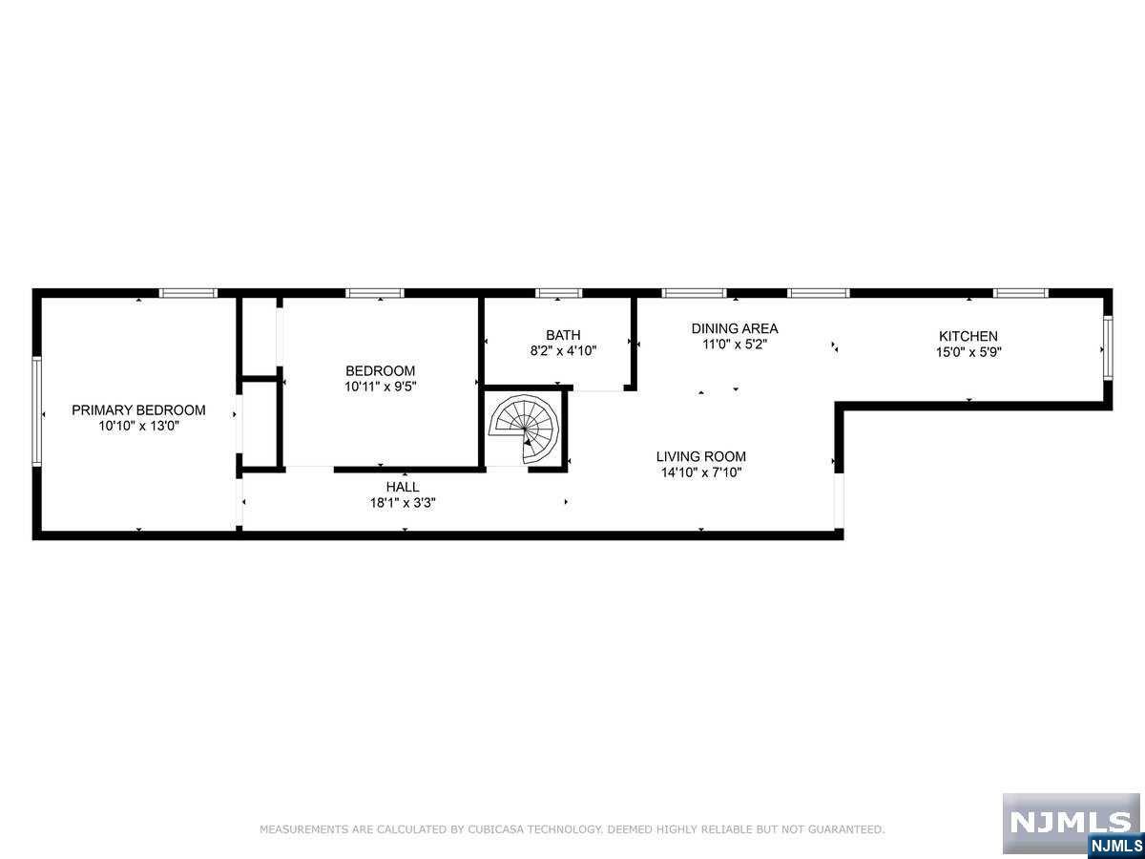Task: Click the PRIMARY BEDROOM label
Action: coord(138,410)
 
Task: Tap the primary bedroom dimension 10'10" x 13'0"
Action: coord(138,426)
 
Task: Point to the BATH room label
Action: coord(563,335)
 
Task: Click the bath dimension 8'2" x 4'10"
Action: coord(563,350)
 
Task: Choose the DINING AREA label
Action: coord(735,328)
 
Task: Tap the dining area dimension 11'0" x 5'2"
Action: coord(735,345)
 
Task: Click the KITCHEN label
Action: coord(968,336)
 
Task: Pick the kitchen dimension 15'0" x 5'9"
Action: coord(968,352)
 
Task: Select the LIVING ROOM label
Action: coord(701,457)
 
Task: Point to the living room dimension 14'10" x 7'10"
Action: coord(701,472)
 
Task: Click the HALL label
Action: coord(403,487)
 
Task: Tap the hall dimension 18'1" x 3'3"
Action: coord(403,503)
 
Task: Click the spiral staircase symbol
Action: coord(524,429)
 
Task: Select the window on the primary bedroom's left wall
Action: coord(36,411)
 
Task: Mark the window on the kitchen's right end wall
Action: coord(1108,347)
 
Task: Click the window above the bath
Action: coord(559,293)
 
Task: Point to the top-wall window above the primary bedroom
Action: coord(188,293)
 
